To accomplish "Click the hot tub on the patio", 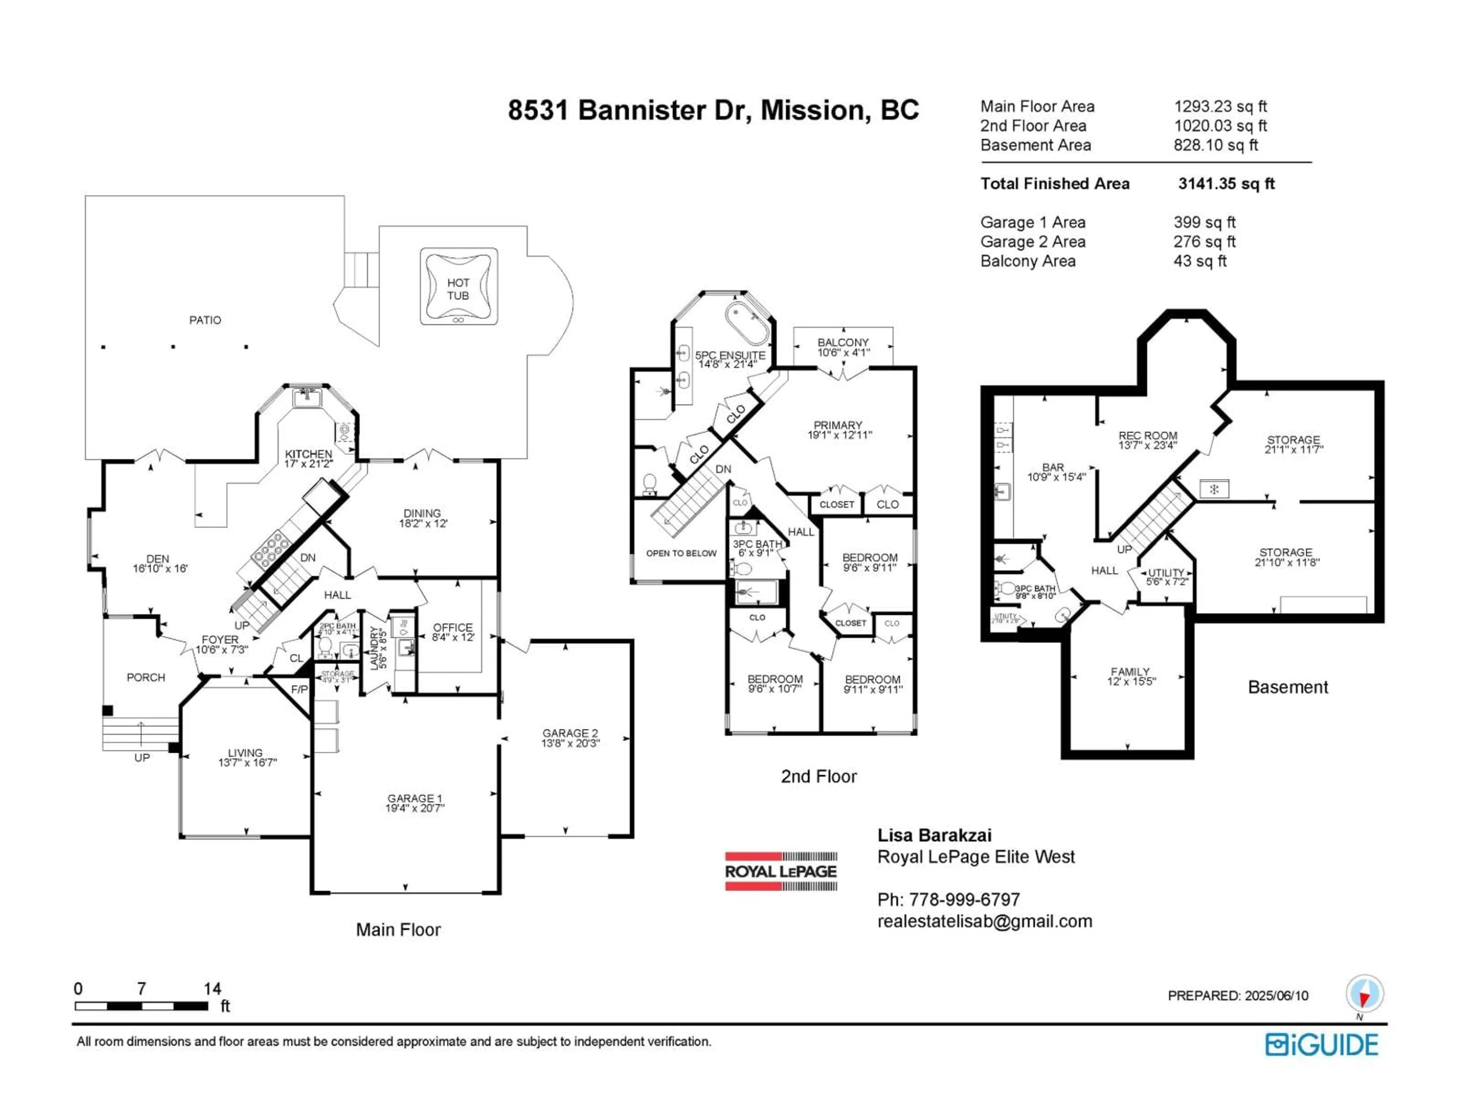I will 459,286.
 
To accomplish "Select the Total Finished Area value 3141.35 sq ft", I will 1226,184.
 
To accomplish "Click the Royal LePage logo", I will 781,871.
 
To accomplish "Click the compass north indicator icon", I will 1364,994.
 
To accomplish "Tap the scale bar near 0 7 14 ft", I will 141,1006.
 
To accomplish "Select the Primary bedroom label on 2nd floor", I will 839,430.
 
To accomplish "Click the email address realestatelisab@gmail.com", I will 984,921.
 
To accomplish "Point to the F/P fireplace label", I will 299,690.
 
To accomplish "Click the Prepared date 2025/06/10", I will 1276,995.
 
